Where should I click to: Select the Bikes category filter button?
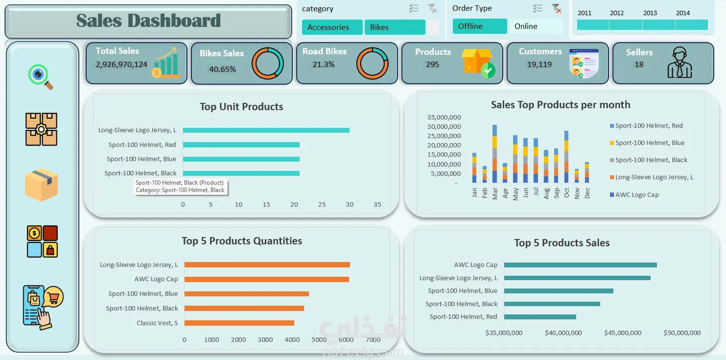395,27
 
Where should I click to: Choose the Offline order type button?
479,26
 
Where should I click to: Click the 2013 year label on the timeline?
650,13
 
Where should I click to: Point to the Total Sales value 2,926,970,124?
121,65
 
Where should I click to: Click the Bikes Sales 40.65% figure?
222,69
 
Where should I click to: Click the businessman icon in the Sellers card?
679,62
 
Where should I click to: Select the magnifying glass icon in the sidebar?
40,76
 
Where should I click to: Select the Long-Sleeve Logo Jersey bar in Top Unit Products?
266,130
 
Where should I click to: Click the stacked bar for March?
494,154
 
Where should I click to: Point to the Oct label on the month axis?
566,192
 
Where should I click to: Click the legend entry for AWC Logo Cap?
634,195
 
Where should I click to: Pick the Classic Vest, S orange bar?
239,323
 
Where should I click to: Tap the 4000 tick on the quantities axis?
292,339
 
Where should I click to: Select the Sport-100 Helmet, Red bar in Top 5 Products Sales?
540,317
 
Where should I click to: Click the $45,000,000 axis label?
623,333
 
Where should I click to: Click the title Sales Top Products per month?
561,105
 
